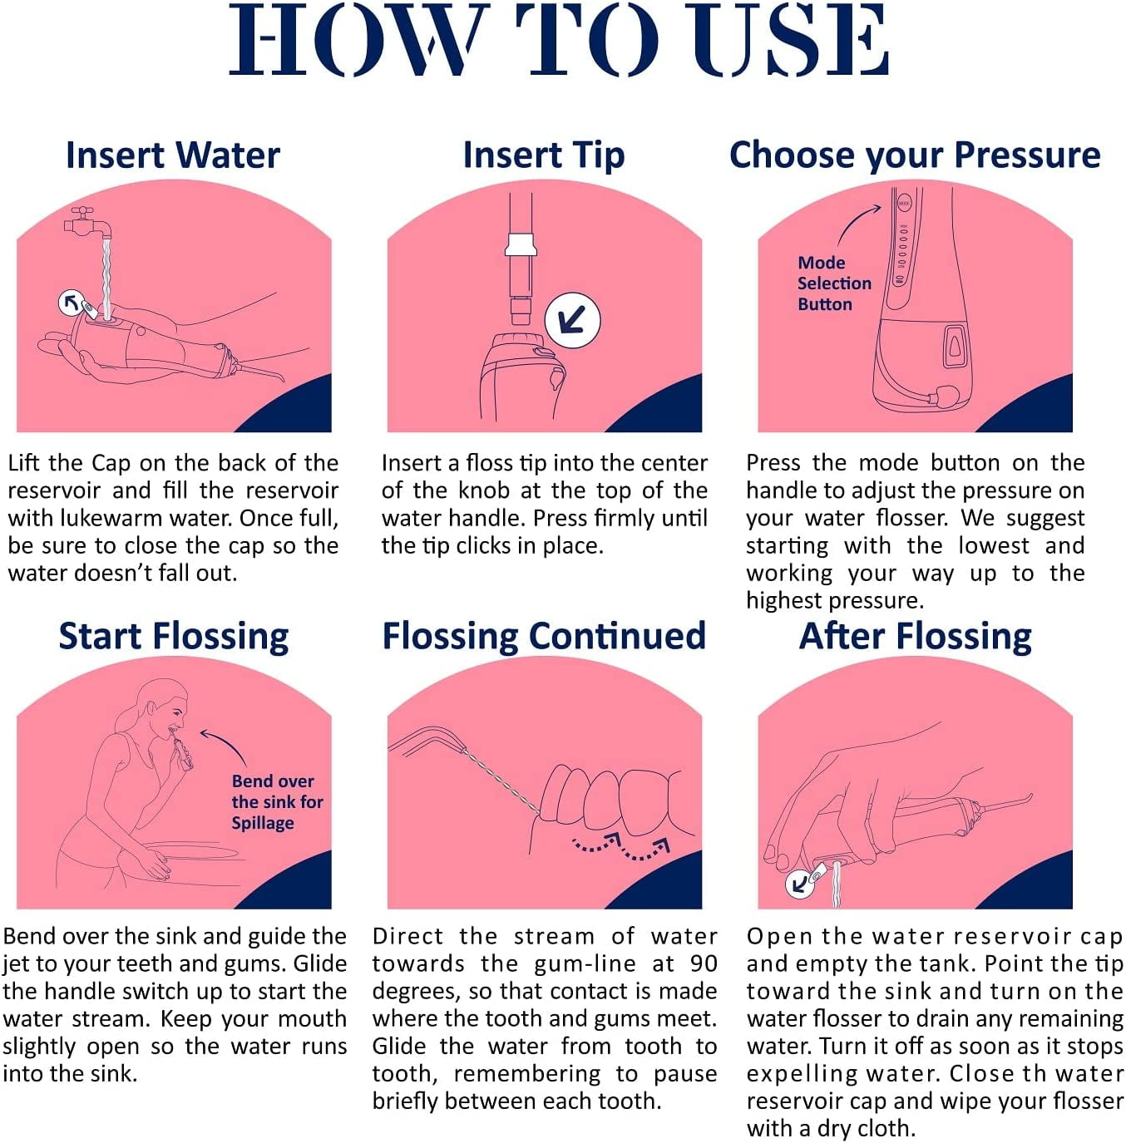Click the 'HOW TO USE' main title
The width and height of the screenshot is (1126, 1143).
(x=559, y=40)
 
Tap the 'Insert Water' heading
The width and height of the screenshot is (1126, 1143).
(x=173, y=155)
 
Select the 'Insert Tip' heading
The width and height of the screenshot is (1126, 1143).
(x=544, y=156)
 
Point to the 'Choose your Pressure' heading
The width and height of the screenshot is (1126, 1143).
(x=915, y=156)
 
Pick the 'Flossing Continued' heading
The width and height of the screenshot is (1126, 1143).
(x=544, y=638)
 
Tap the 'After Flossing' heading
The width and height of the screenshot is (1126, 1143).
(x=915, y=638)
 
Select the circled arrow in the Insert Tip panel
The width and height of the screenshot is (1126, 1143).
(x=572, y=321)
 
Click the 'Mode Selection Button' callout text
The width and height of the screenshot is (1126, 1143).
(x=834, y=283)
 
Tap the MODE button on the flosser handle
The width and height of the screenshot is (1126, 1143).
(x=903, y=204)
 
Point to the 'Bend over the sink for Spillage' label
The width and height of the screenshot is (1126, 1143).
(x=277, y=802)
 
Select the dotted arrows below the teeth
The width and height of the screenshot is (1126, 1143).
(x=621, y=845)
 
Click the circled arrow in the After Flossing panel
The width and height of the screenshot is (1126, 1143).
(x=799, y=884)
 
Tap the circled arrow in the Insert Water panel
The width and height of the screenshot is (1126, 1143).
(x=72, y=303)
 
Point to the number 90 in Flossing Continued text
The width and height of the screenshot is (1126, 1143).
(x=704, y=964)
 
